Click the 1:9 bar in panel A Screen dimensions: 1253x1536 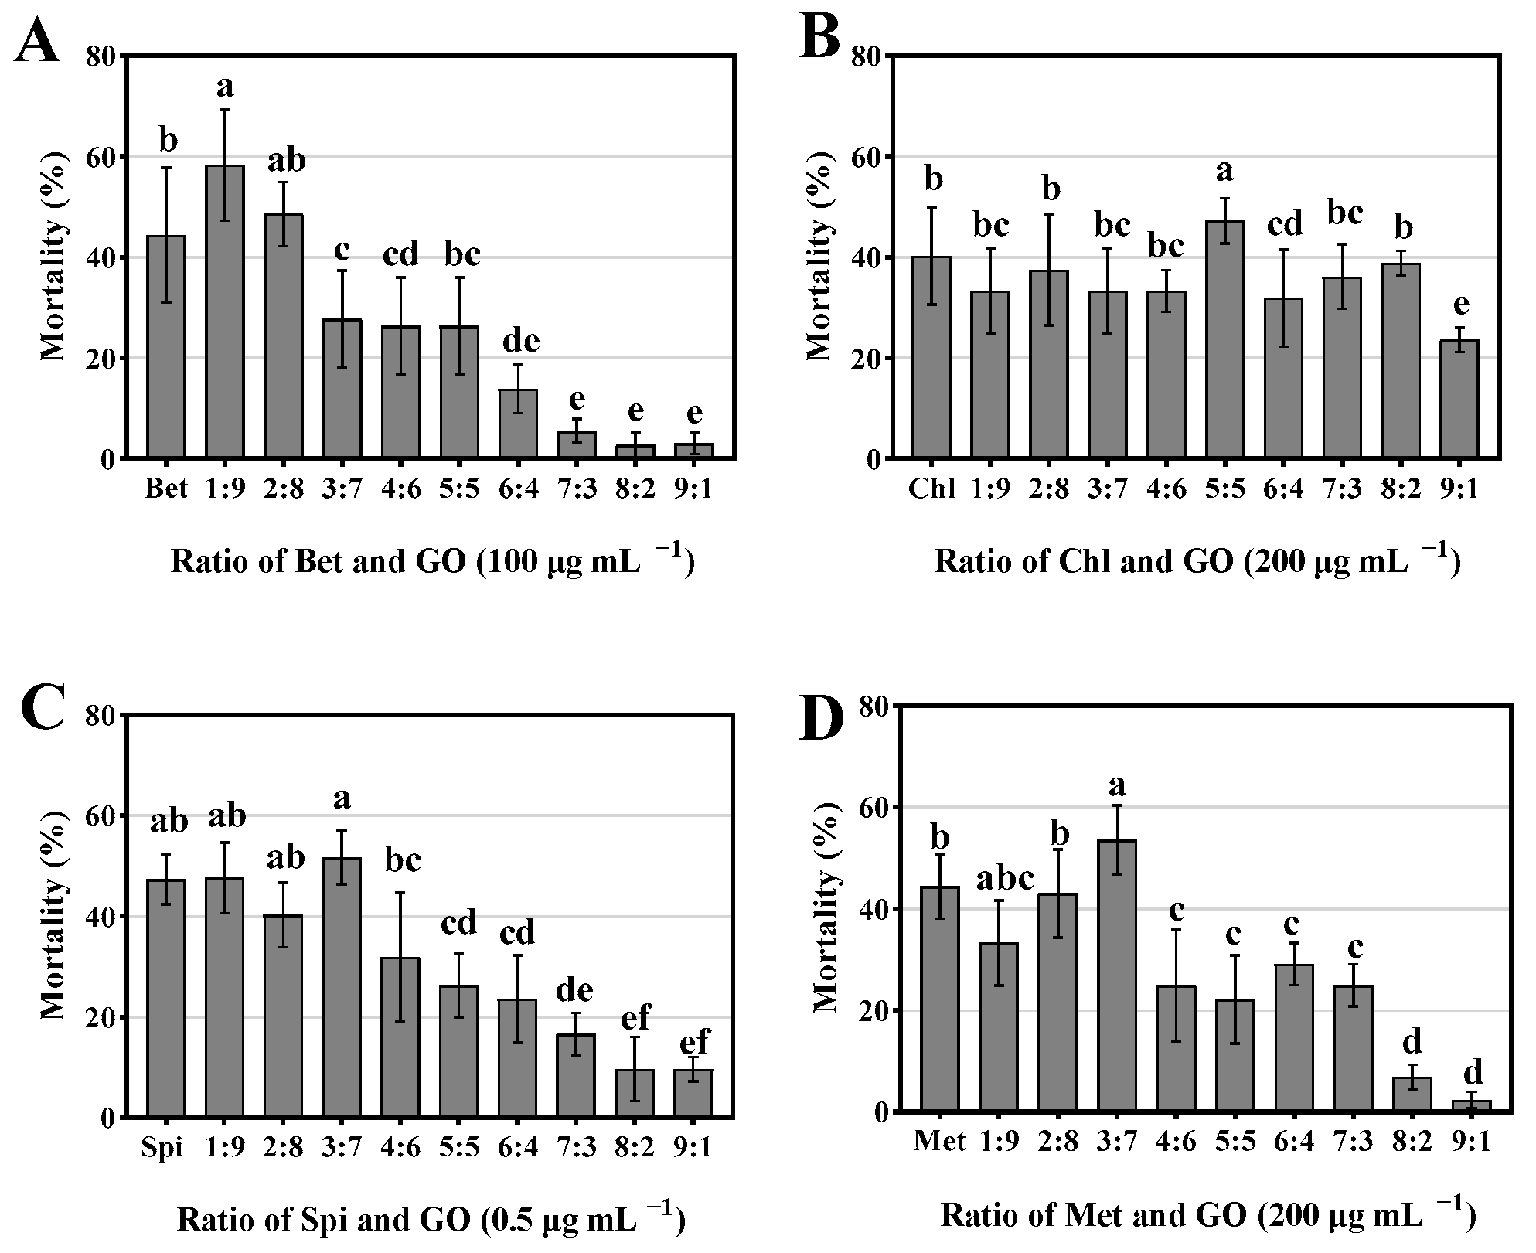tap(225, 312)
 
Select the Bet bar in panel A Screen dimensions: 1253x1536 tap(166, 347)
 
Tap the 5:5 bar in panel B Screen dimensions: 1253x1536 tap(1224, 340)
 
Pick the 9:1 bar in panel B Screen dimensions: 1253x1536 tap(1459, 400)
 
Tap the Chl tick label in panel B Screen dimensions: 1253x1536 tap(931, 489)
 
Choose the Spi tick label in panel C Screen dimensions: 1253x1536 tap(162, 1147)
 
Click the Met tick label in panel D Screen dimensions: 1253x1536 tap(939, 1141)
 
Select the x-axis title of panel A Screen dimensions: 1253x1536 tap(433, 562)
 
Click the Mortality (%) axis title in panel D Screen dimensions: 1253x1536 tap(826, 909)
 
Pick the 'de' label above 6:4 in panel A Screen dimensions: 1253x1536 tap(520, 341)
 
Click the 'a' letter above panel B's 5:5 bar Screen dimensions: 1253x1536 tap(1224, 171)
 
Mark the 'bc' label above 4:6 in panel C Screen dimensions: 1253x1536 tap(402, 860)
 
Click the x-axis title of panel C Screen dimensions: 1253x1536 tap(431, 1219)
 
